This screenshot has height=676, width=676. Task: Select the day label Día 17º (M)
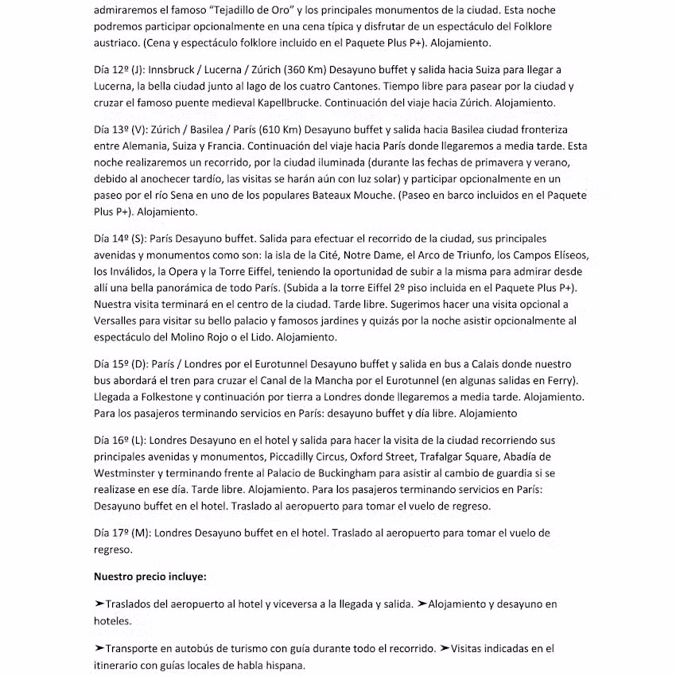122,533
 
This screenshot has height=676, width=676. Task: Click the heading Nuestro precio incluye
150,576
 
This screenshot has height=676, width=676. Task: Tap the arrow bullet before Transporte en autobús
99,648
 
